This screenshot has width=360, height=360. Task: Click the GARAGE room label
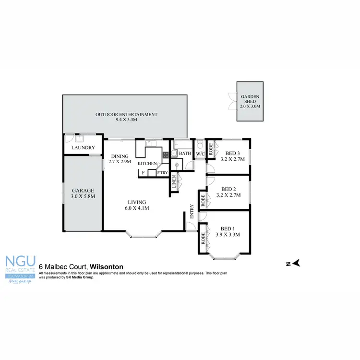coord(83,191)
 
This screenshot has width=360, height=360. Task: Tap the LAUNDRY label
coord(83,148)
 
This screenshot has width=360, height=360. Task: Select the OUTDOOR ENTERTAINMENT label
coord(126,114)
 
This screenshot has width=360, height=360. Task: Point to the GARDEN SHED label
coord(250,99)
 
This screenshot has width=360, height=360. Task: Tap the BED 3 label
coord(228,154)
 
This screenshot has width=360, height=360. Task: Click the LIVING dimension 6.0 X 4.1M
coord(136,208)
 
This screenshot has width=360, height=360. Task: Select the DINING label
coord(120,156)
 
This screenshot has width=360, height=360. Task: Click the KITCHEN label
coord(147,164)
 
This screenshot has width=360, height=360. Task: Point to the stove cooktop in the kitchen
coord(166,155)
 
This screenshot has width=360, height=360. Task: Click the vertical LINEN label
coord(174,183)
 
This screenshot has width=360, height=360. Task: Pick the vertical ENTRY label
coord(192,212)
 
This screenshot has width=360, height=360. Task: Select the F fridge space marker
coord(143,172)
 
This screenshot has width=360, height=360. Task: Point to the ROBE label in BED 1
coord(203,239)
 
